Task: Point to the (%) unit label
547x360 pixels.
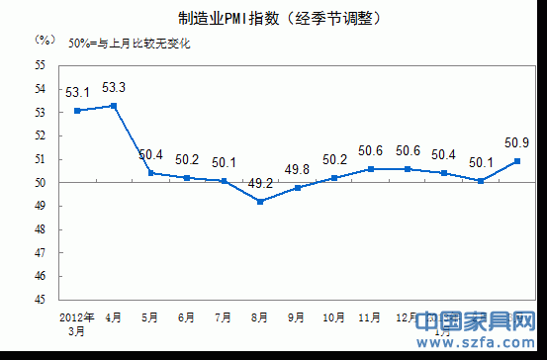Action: (45, 41)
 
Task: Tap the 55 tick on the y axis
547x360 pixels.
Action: (41, 65)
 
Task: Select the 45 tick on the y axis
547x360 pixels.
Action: (41, 300)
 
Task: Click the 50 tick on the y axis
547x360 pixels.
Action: (41, 183)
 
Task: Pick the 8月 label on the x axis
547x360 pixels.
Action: (260, 317)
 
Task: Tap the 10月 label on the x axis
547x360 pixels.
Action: (334, 317)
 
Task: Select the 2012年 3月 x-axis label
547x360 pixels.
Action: (76, 323)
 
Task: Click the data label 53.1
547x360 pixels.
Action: (78, 93)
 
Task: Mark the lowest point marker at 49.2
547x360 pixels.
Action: (260, 202)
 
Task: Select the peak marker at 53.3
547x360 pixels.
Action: (115, 106)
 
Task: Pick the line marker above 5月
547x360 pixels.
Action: (151, 173)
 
